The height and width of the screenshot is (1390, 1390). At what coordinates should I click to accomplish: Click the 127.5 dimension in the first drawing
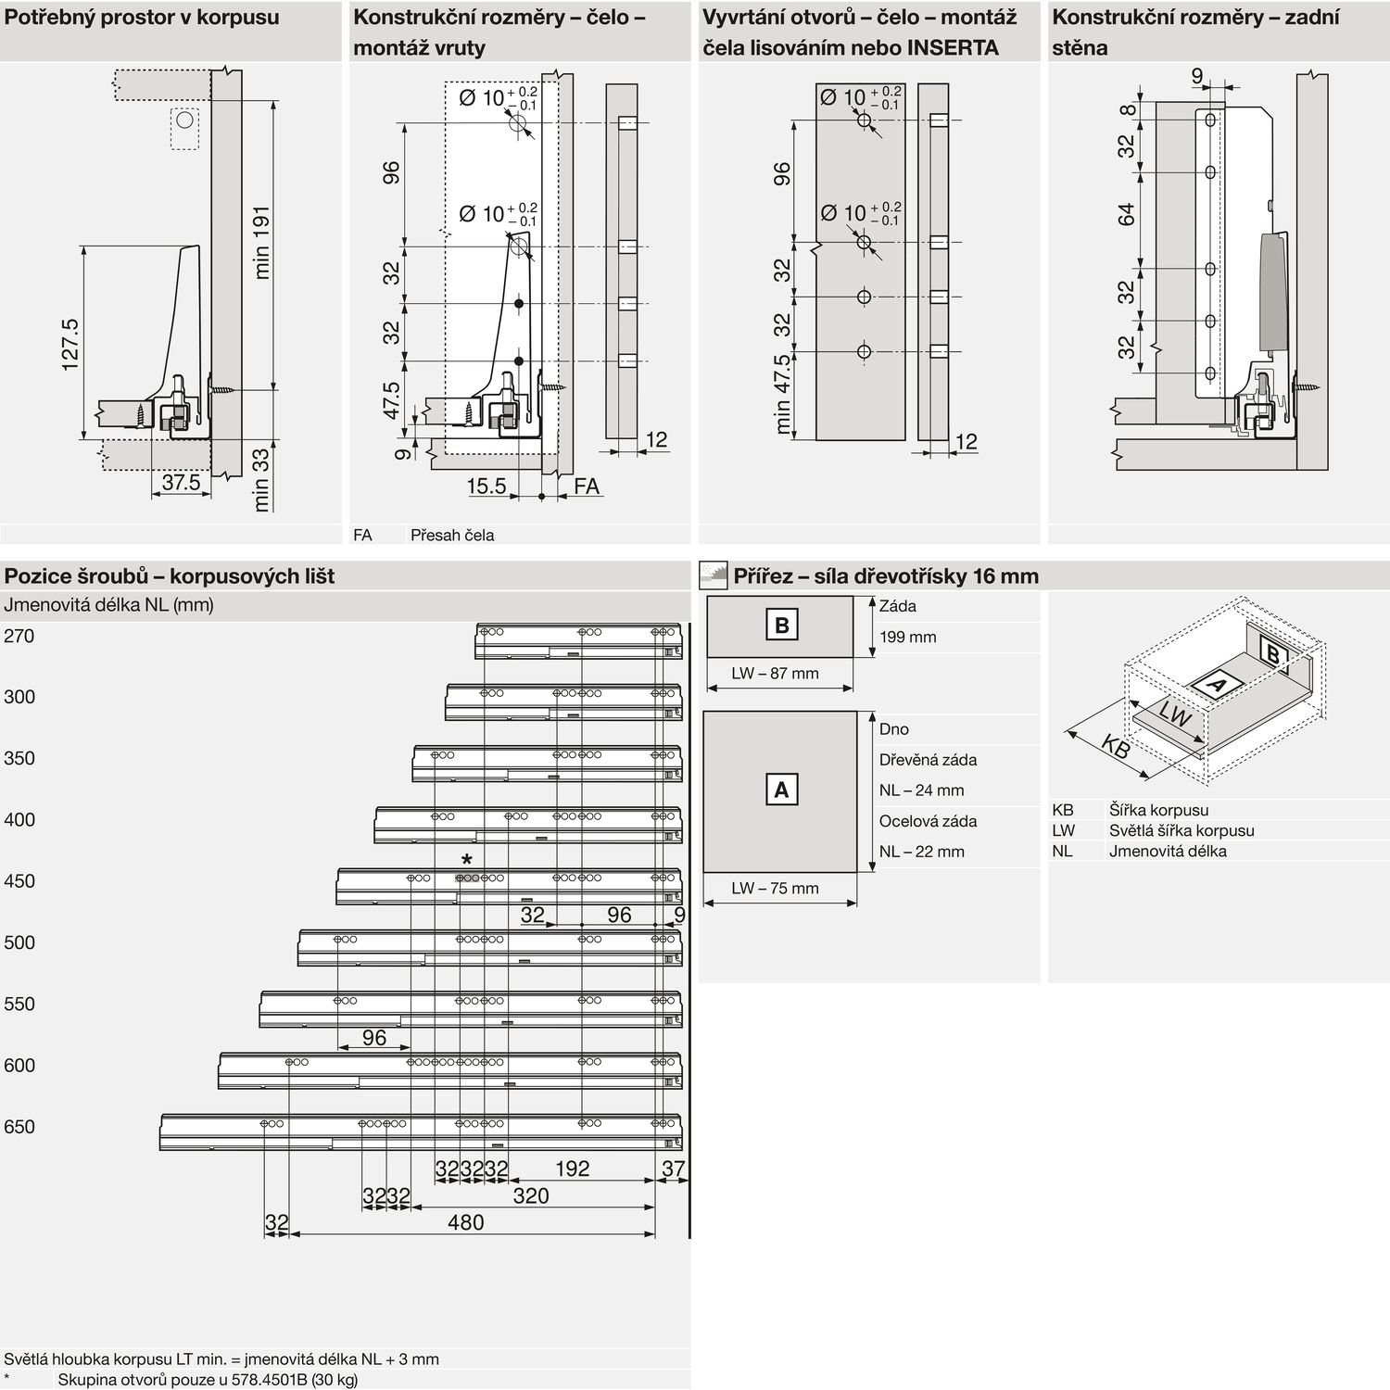[70, 345]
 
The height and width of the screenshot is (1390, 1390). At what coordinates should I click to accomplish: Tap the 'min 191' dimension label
[261, 242]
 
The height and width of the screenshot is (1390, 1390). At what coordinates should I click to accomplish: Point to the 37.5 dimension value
[181, 482]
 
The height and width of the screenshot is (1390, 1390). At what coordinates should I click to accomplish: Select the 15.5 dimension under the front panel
[486, 486]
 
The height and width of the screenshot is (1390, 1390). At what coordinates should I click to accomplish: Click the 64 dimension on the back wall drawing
[1126, 215]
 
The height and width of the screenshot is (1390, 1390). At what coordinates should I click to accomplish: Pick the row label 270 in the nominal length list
[19, 636]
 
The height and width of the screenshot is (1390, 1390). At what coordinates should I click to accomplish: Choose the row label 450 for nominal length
[19, 881]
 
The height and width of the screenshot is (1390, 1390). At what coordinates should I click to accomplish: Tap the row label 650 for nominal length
[19, 1127]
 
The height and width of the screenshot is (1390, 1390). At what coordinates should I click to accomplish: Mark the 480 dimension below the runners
[465, 1222]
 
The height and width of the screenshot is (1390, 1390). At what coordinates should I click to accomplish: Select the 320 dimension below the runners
[531, 1195]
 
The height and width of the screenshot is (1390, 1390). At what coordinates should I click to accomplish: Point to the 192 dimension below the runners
[572, 1169]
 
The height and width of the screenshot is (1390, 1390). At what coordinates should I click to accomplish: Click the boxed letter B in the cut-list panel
[781, 625]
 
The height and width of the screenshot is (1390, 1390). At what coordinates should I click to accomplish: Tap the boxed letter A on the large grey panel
[781, 790]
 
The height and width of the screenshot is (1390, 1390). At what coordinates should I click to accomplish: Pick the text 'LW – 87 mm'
[775, 674]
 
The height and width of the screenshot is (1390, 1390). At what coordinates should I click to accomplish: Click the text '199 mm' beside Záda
[908, 637]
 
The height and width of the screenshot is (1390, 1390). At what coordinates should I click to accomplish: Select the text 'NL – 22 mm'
[922, 852]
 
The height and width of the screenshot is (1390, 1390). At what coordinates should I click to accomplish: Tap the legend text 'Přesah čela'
[452, 535]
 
